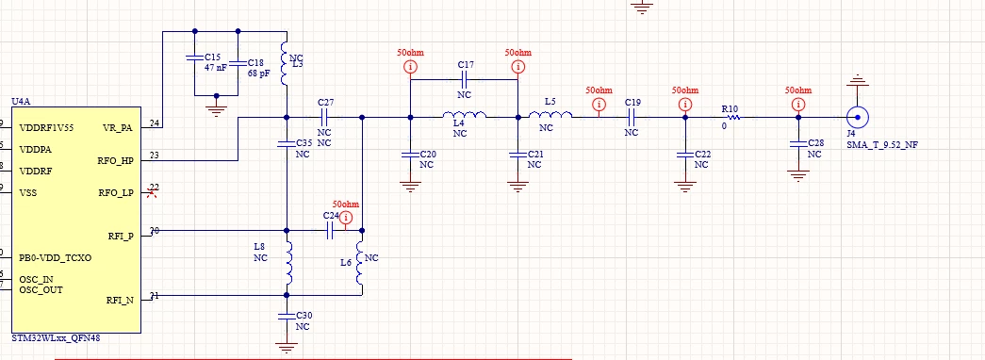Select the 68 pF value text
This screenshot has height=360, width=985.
click(x=258, y=74)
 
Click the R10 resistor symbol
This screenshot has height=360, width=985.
click(x=731, y=117)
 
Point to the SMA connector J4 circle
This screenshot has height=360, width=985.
click(x=857, y=117)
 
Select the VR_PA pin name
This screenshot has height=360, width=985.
click(x=118, y=128)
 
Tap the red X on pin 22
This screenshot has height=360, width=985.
click(x=151, y=193)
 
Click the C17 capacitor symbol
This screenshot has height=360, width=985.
click(x=464, y=79)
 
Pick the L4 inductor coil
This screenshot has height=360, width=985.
click(x=465, y=115)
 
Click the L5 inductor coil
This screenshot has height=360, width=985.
click(x=550, y=115)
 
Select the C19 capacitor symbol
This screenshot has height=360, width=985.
click(x=632, y=117)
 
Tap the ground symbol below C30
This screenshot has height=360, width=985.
click(x=287, y=349)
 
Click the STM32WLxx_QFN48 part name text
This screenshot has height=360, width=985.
click(x=56, y=338)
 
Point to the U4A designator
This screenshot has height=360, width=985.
click(x=21, y=101)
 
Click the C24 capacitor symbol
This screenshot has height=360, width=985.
click(x=330, y=231)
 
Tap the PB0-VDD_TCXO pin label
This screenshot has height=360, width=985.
click(x=56, y=257)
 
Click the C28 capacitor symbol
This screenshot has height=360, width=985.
click(x=797, y=143)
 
